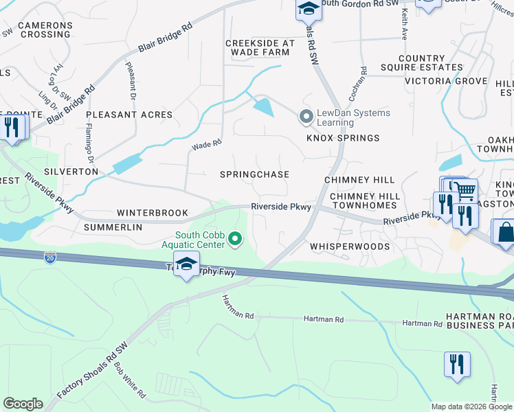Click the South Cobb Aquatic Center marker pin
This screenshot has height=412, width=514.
pos(236,239)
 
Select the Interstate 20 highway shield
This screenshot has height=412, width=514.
pos(50,257)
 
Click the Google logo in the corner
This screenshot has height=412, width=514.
pos(23,404)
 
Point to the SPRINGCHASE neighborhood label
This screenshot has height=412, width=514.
pos(254,174)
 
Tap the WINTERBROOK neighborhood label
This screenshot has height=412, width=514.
pos(152,213)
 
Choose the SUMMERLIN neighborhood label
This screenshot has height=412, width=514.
pos(113,227)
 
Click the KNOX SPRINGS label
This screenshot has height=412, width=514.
pos(343,138)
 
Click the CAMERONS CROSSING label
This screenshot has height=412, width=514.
pos(45,30)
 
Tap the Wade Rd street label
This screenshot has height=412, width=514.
pos(207,145)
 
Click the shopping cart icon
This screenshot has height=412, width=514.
pos(465,190)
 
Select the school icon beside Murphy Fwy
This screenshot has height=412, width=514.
pos(186,264)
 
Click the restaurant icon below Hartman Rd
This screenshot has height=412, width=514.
pos(457,364)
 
